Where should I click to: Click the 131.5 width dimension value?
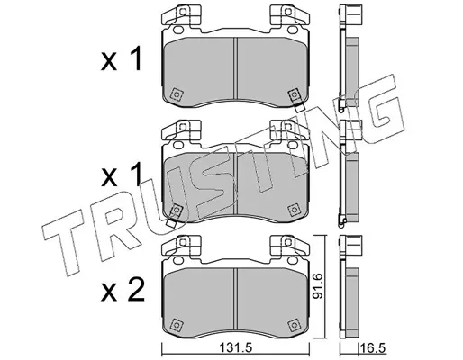tap(236, 348)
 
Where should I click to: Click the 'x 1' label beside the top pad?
tap(121, 58)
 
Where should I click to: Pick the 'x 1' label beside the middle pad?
tap(121, 174)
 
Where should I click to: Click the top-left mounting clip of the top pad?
tap(181, 14)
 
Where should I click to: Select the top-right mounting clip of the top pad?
tap(289, 14)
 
